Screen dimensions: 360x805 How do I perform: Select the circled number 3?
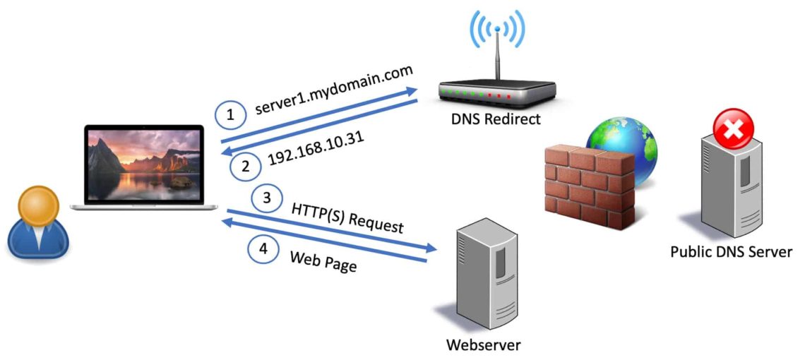click(266, 198)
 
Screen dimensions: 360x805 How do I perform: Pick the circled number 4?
click(263, 248)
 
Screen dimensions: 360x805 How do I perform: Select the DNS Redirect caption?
click(496, 119)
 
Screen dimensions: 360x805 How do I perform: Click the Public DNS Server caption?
click(731, 251)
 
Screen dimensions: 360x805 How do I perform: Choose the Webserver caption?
click(483, 345)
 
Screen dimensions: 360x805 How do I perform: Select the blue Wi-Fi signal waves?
click(497, 28)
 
